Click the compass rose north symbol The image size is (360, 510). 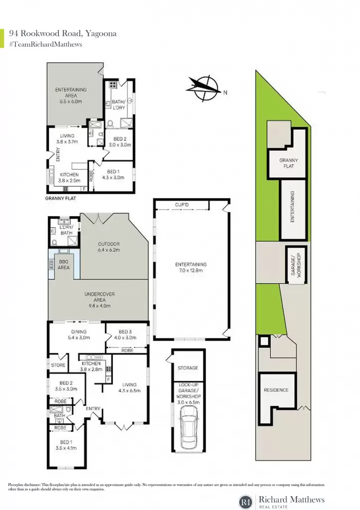(x=204, y=88)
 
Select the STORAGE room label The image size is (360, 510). (x=188, y=368)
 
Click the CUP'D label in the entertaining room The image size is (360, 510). (x=182, y=205)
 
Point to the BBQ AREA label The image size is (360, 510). (x=64, y=264)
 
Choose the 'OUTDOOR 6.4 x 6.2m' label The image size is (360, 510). (x=109, y=247)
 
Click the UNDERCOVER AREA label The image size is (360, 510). (x=100, y=299)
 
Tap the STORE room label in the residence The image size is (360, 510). (x=58, y=365)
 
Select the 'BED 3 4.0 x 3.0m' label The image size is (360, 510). (x=125, y=334)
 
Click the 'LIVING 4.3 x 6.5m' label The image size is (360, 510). (x=129, y=387)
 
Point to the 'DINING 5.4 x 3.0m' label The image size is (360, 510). (x=79, y=334)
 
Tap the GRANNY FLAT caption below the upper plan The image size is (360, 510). (x=60, y=198)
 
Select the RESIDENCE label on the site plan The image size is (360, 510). (x=276, y=390)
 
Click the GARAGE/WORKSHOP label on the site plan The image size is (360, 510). (x=296, y=265)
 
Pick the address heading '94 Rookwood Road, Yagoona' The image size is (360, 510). (x=63, y=33)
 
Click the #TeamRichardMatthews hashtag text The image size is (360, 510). (x=45, y=44)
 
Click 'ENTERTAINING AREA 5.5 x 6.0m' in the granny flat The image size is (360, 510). (x=71, y=95)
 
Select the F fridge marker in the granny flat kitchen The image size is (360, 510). (x=84, y=189)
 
